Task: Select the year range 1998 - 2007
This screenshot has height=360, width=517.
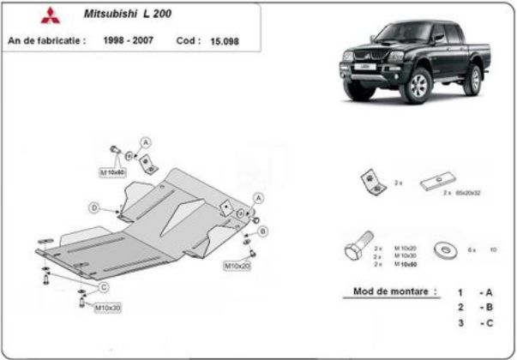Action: point(129,39)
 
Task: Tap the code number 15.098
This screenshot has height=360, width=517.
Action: point(224,40)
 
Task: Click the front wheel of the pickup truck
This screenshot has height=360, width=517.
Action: point(418,86)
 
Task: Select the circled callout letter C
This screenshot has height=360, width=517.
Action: point(104,286)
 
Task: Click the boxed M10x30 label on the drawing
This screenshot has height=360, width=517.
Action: point(107,307)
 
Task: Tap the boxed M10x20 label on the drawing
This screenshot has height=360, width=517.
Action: point(237,266)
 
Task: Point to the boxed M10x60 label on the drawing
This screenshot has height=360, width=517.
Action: point(113,172)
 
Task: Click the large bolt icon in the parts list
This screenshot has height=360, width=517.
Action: point(356,250)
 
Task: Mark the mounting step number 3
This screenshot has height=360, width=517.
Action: point(460,322)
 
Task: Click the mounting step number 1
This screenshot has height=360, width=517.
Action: point(460,292)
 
